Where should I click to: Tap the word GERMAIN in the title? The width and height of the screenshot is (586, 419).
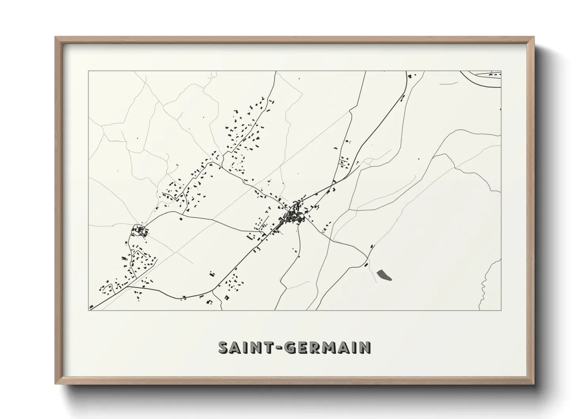tap(328, 347)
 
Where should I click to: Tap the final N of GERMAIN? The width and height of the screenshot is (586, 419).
tap(365, 347)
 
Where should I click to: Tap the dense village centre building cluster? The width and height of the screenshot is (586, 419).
tap(294, 215)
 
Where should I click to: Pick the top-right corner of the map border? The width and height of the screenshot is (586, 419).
tap(501, 71)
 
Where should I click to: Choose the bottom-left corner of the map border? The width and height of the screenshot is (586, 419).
tap(89, 310)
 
